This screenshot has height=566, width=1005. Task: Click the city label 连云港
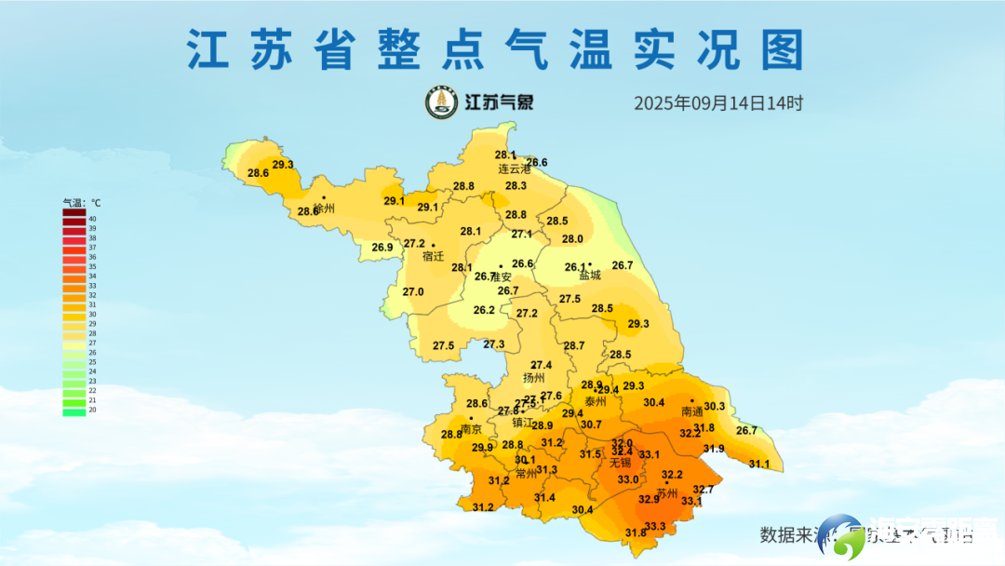[514, 169]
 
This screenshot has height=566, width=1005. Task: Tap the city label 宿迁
[434, 256]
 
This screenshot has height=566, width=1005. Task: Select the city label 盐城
[590, 276]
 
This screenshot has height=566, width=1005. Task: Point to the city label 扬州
[534, 379]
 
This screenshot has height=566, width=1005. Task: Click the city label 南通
[691, 411]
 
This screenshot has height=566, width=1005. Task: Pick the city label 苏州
[667, 492]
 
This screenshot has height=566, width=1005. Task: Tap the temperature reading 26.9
[382, 248]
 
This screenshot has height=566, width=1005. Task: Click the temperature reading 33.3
[655, 527]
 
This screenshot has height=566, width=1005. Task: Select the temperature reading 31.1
[759, 464]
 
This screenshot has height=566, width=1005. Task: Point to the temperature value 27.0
[412, 291]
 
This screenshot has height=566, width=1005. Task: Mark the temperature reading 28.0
[572, 239]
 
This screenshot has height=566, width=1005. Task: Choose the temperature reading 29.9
[482, 448]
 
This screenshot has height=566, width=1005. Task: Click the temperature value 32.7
[703, 490]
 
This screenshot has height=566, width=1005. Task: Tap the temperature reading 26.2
[484, 310]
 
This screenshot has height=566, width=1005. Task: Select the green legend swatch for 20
[74, 411]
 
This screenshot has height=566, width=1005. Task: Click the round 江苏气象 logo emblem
[442, 102]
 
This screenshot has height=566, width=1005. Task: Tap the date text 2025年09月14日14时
[718, 103]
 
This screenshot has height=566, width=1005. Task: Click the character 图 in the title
[781, 49]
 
